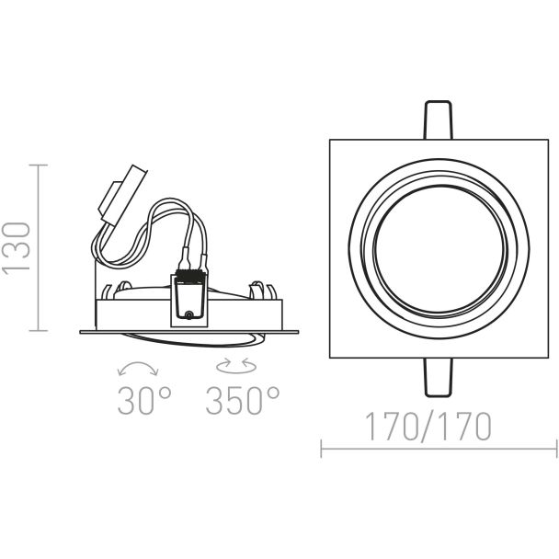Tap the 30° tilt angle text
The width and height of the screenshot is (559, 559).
[x=144, y=400]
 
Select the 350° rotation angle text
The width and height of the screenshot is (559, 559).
[x=242, y=400]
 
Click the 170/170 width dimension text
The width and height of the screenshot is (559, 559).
[x=428, y=427]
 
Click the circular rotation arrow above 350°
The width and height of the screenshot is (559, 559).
[x=236, y=366]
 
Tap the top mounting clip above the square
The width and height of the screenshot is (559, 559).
[x=438, y=120]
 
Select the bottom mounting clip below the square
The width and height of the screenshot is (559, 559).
[x=439, y=377]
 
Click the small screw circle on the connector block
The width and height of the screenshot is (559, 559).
[x=188, y=314]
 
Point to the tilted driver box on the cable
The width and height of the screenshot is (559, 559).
[x=123, y=195]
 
